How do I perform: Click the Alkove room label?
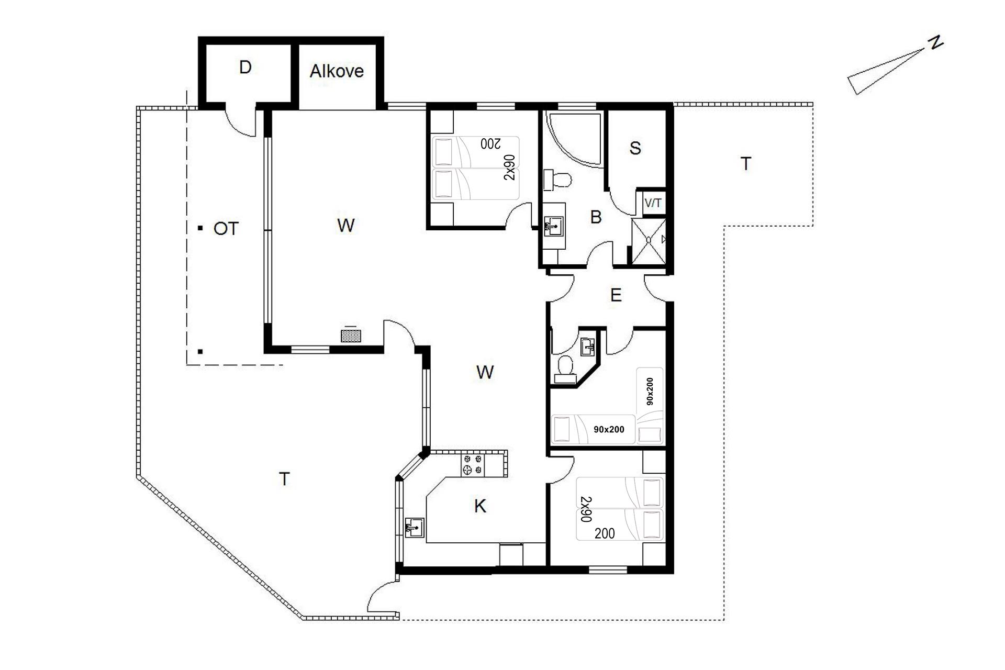[x=337, y=71]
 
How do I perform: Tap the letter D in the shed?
[x=245, y=68]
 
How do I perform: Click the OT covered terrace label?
[x=226, y=229]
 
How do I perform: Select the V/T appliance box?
[x=653, y=203]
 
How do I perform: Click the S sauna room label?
[x=635, y=148]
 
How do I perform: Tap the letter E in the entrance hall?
[x=616, y=296]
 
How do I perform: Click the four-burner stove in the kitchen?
[x=473, y=465]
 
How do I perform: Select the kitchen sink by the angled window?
[x=415, y=527]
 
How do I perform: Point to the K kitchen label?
[x=480, y=506]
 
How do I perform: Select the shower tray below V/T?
[x=649, y=241]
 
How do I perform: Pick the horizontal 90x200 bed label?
[x=609, y=430]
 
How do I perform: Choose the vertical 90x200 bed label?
[x=650, y=391]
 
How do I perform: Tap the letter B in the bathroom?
[x=596, y=217]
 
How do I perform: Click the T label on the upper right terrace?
[x=746, y=164]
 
